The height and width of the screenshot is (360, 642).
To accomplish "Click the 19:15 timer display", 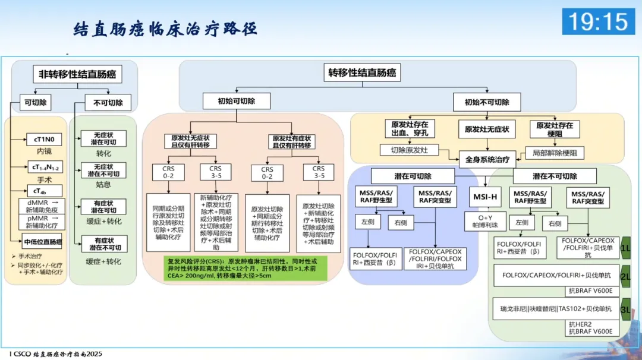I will point(598,22).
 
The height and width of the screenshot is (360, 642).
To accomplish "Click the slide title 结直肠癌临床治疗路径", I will point(165,29).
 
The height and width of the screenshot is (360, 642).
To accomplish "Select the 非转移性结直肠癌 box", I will point(76,74).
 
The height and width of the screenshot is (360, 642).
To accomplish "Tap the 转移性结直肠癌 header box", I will point(363,73).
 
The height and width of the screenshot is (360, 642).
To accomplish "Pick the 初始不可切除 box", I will point(487,102).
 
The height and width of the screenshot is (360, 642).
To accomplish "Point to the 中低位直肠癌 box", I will point(43,242).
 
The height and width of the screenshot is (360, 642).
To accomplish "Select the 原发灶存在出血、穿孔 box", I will point(410,129).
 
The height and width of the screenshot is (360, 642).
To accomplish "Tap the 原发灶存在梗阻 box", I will point(555,129).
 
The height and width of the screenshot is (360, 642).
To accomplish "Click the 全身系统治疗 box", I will point(487,159).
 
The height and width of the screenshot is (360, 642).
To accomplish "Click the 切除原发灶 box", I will point(410,150).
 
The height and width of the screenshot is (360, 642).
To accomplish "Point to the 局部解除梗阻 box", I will point(554,153).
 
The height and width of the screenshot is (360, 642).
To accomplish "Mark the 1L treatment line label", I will point(625,247).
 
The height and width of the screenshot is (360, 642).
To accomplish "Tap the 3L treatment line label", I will point(625,310).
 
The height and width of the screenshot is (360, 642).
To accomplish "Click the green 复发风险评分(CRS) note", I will point(244,269).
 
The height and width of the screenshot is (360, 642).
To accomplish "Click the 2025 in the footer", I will point(91,354).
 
